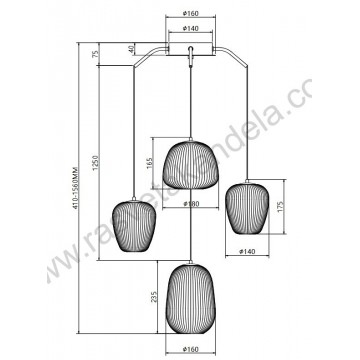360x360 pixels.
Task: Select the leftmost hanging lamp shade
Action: pos(133,227)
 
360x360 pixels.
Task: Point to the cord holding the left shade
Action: pos(133,130)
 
